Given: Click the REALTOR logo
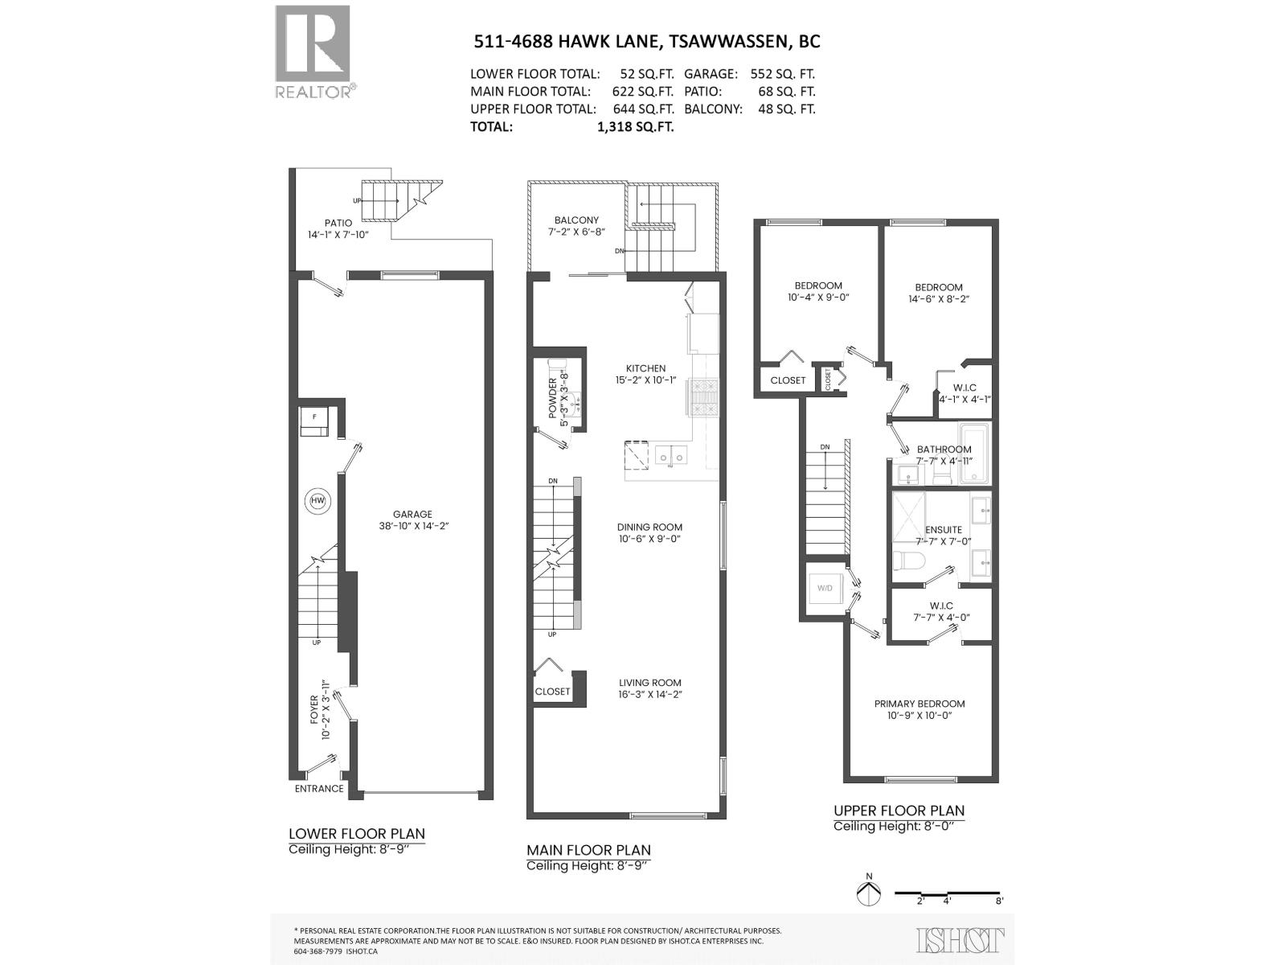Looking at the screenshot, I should pos(313,51).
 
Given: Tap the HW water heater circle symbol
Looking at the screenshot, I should pos(317,502).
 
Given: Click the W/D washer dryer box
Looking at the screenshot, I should pos(825,589).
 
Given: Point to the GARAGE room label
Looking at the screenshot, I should pos(412,515).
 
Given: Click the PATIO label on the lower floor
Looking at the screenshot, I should pos(338,223).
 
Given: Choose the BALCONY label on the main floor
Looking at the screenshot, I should pos(576,220).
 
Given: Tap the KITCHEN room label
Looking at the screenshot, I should pos(646,368).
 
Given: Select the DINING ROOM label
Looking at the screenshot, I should pos(649,528).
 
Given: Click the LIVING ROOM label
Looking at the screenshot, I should pos(650,683).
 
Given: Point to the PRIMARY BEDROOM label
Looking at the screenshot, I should pos(919,704).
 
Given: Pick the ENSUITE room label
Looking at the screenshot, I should pos(943,530).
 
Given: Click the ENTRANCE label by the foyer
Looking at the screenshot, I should pos(319,789).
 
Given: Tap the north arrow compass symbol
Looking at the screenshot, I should pos(868,892).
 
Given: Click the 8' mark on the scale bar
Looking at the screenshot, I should pos(999,901).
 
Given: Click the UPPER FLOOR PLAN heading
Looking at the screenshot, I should pos(899,811).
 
